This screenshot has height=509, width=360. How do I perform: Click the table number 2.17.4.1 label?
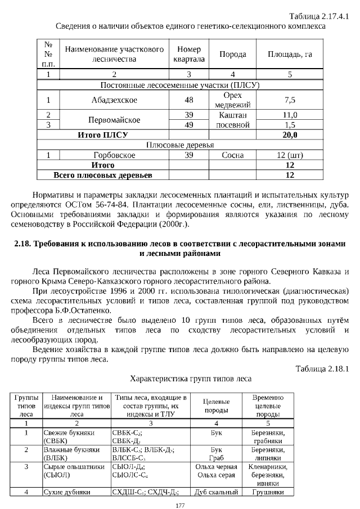tap(318, 16)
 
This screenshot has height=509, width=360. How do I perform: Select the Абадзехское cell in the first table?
tap(115, 100)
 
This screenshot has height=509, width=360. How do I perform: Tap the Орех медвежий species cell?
tap(233, 100)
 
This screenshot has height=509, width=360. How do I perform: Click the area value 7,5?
tap(290, 100)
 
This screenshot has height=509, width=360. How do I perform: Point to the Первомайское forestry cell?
tap(115, 120)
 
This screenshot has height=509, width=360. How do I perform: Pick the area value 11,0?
tap(290, 115)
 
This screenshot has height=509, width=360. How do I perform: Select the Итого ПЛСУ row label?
tap(103, 135)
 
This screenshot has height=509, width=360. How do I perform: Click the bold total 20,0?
tap(290, 135)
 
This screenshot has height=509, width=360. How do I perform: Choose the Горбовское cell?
tap(115, 155)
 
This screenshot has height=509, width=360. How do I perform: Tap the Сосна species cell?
tap(233, 155)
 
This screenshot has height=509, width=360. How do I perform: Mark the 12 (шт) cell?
tap(290, 155)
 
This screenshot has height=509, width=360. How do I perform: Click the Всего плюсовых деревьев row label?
tap(103, 175)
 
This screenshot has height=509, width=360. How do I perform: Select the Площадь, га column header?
tap(290, 55)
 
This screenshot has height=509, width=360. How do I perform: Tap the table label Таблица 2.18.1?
tap(322, 368)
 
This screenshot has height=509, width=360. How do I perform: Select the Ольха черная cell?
tap(217, 466)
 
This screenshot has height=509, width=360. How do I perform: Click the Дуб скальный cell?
tap(217, 493)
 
